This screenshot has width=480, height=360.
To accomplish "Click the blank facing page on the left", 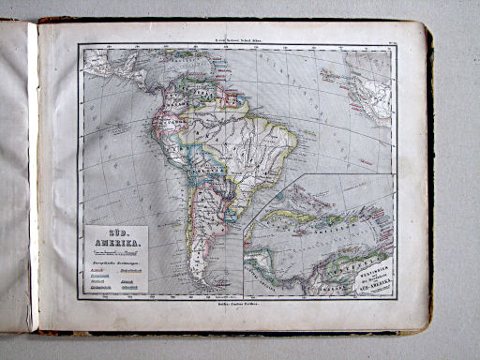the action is point(16,178).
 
